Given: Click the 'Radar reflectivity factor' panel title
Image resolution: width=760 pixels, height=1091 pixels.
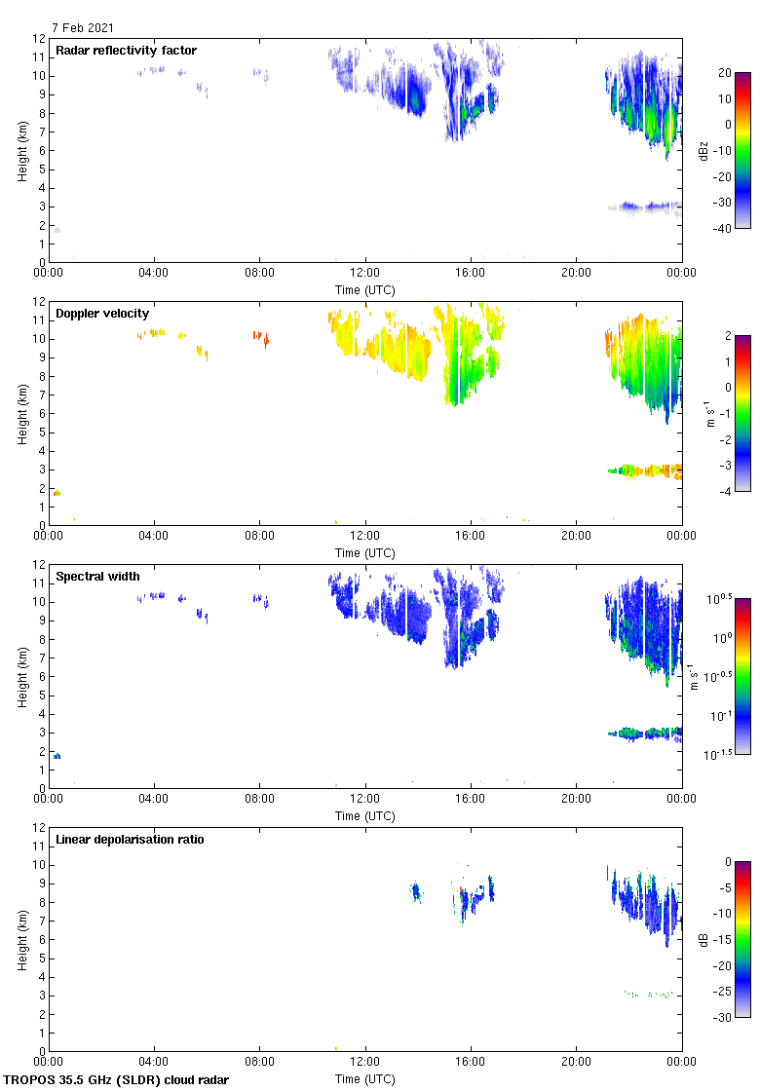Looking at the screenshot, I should pyautogui.click(x=126, y=51).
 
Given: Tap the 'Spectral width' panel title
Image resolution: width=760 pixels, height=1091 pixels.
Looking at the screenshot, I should pyautogui.click(x=96, y=577).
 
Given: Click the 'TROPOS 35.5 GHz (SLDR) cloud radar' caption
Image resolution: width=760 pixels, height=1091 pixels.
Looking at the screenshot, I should pyautogui.click(x=117, y=1079).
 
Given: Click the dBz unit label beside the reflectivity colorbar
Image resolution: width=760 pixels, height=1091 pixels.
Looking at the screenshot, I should pyautogui.click(x=703, y=150).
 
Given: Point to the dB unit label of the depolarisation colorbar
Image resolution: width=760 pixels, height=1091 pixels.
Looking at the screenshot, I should pyautogui.click(x=703, y=939).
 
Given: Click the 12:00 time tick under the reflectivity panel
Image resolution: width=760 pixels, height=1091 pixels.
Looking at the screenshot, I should pyautogui.click(x=364, y=273).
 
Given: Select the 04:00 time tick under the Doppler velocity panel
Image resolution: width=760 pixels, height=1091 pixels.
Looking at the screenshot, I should pyautogui.click(x=154, y=536).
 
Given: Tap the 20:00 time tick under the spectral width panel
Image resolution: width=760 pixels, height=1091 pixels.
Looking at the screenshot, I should pyautogui.click(x=576, y=799).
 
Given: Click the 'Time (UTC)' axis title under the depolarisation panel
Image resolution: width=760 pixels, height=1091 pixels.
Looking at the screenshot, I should pyautogui.click(x=364, y=1078).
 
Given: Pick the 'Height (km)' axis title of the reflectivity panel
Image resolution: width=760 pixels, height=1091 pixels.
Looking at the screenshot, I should pyautogui.click(x=21, y=150).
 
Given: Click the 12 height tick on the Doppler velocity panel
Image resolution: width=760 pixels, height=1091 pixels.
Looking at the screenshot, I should pyautogui.click(x=38, y=302).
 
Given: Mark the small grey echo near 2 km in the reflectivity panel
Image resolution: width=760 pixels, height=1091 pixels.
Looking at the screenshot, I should pyautogui.click(x=57, y=230).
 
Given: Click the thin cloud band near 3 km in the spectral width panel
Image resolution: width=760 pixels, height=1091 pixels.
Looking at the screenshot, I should pyautogui.click(x=643, y=733).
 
